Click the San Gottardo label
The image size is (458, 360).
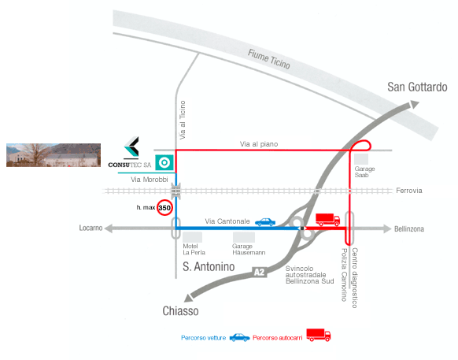pyautogui.click(x=417, y=87)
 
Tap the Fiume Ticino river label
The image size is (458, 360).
pyautogui.click(x=269, y=59)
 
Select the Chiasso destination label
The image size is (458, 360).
pyautogui.click(x=180, y=311)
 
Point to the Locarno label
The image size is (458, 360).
pyautogui.click(x=90, y=228)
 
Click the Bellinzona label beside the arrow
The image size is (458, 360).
pyautogui.click(x=409, y=229)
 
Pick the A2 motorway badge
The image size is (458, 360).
pyautogui.click(x=259, y=272)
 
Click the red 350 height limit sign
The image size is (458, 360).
pyautogui.click(x=164, y=208)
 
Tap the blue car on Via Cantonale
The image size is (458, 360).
pyautogui.click(x=265, y=222)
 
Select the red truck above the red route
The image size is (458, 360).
pyautogui.click(x=327, y=219)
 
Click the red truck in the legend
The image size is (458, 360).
pyautogui.click(x=319, y=335)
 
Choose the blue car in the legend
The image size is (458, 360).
pyautogui.click(x=240, y=337)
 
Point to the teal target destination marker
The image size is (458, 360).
pyautogui.click(x=164, y=162)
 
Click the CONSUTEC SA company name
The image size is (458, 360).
pyautogui.click(x=130, y=165)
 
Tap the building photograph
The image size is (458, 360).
pyautogui.click(x=54, y=155)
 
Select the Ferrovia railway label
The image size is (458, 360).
pyautogui.click(x=409, y=191)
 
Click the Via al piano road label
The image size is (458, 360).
pyautogui.click(x=259, y=144)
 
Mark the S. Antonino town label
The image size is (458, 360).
pyautogui.click(x=209, y=267)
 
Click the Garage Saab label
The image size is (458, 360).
pyautogui.click(x=364, y=172)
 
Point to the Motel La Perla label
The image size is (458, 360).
pyautogui.click(x=194, y=249)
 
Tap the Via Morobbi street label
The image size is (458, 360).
pyautogui.click(x=150, y=180)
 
